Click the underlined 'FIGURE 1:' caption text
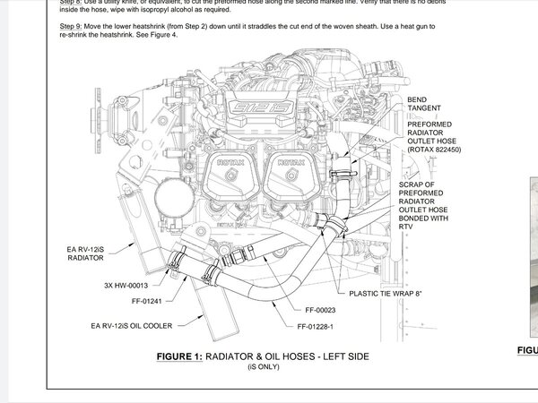pyautogui.click(x=179, y=356)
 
